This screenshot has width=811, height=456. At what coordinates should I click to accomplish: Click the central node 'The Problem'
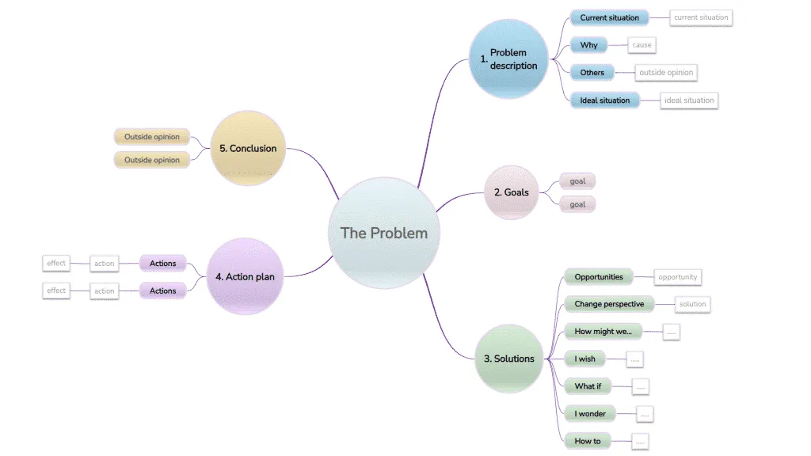pos(383,233)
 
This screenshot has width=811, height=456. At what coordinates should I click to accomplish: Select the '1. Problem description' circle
pos(508,59)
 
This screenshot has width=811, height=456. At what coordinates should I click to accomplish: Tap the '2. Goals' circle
pos(511,192)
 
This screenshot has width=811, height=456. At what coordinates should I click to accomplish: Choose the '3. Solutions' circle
pos(508,359)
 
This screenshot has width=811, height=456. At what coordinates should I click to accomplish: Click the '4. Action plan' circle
pos(245,276)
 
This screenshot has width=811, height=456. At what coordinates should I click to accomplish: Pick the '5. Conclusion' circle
pos(248,148)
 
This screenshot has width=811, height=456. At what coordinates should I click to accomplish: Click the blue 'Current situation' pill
pos(609,17)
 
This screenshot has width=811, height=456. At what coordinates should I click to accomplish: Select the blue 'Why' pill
pos(588,45)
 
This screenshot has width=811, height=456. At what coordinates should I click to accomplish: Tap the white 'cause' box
pos(642,45)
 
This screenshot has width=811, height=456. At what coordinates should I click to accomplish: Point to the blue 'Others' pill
pos(592,73)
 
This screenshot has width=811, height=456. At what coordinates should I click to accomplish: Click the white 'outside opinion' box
pos(666,73)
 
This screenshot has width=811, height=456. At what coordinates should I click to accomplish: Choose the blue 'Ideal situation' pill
pos(604,101)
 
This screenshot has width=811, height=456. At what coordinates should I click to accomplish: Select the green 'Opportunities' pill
pos(599,277)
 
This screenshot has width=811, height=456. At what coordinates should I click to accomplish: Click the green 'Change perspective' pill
pos(609,304)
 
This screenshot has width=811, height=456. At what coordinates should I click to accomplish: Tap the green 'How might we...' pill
pos(603,332)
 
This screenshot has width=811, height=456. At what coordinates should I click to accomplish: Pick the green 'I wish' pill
pos(584,359)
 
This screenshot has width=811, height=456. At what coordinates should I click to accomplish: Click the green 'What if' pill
pos(588,386)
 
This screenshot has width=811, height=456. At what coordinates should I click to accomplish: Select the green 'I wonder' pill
pos(590,414)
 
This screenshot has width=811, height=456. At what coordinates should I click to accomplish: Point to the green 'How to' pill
pos(587,441)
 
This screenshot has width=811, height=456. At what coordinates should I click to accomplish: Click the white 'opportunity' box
pos(677,277)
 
